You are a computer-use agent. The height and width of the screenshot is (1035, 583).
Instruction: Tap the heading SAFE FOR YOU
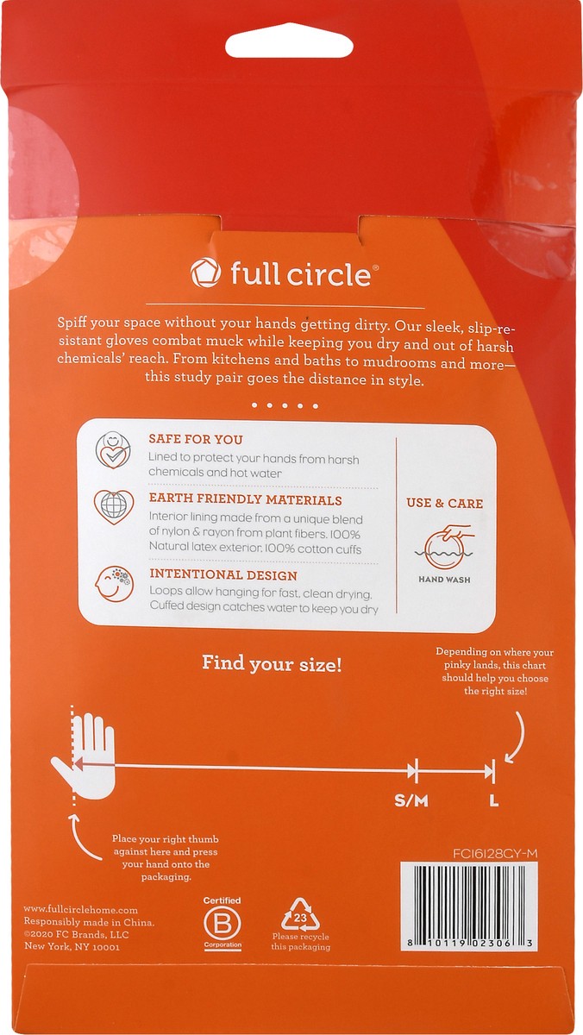195,439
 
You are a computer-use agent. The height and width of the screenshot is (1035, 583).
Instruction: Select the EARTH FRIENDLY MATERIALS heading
233,500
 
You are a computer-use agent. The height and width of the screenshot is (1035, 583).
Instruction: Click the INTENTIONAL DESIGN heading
223,574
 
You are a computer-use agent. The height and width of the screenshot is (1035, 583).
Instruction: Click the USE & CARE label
444,503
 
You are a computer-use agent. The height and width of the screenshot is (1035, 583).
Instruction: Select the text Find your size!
272,663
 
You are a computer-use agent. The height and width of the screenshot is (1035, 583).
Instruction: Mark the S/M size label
411,800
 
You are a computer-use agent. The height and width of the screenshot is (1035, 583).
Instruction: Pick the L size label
493,800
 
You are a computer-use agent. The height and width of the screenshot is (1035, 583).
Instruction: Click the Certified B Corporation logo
222,923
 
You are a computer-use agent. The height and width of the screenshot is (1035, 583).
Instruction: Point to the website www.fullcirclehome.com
81,909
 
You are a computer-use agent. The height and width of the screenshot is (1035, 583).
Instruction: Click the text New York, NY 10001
72,946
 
